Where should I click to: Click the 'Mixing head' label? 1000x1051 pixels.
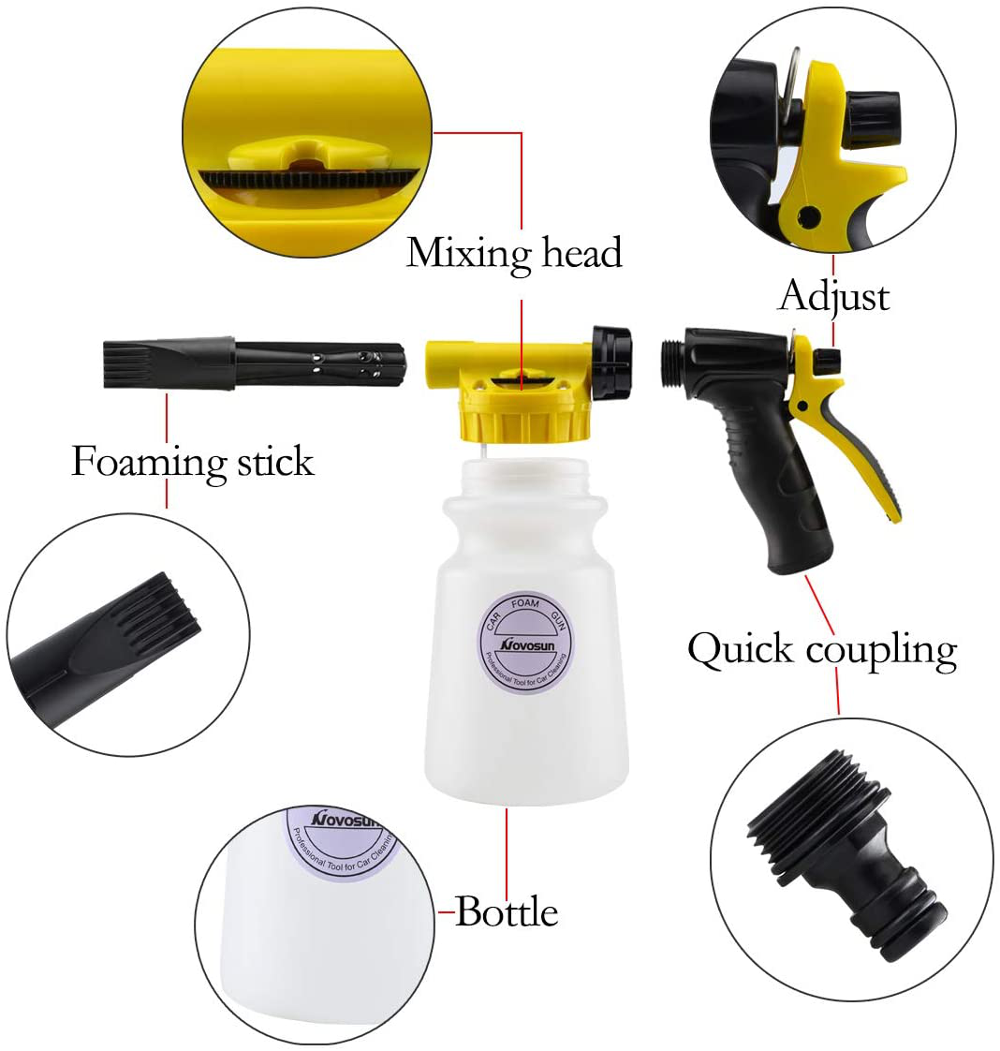[514, 253]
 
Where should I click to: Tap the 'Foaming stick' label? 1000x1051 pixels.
[192, 462]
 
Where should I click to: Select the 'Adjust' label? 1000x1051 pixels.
[834, 296]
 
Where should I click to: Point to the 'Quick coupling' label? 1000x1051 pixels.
[822, 649]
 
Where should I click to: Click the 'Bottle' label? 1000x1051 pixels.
[507, 911]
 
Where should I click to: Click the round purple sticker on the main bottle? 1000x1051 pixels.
[524, 643]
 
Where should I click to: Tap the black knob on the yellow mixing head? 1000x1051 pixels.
[610, 363]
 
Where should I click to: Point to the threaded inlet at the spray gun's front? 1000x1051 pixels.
[671, 363]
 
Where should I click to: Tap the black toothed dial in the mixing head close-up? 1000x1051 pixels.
[307, 179]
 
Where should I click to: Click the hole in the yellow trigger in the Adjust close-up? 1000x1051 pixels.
[808, 215]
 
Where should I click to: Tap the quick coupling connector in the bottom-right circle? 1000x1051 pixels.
[846, 854]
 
